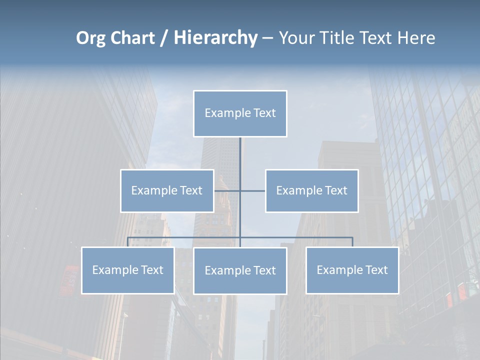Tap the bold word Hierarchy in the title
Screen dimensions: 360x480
(x=215, y=38)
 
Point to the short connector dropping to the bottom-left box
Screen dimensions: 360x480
(x=128, y=242)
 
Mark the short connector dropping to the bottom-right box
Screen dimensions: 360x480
(x=352, y=242)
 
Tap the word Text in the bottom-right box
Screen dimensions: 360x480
(x=376, y=270)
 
